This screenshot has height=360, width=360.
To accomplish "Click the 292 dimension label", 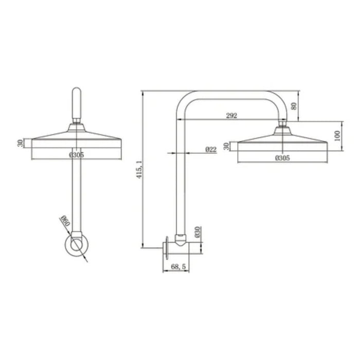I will tap(231, 116).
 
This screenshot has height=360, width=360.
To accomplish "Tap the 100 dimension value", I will tap(337, 136).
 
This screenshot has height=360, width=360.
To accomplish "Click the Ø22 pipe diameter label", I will tap(210, 150).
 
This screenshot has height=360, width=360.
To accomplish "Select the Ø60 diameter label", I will tap(65, 223).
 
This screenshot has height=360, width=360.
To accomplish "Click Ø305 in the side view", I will tap(281, 158).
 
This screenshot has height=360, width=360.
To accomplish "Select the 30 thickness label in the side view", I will tap(227, 146).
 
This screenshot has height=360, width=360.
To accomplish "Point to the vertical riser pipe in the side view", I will tap(179, 185).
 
